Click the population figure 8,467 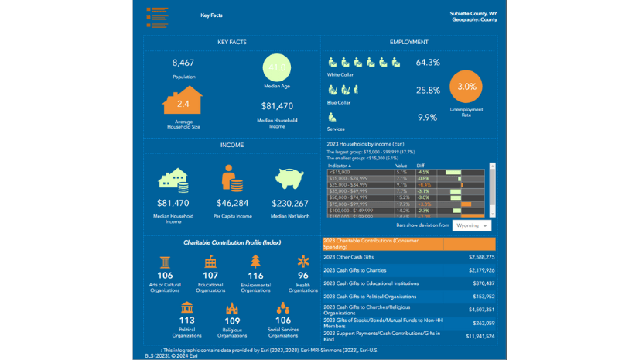point(183,63)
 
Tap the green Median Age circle point(277,68)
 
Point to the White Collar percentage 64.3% point(428,62)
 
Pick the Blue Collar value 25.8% point(428,91)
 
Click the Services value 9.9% point(428,118)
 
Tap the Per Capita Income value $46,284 point(232,204)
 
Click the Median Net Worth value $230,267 point(291,204)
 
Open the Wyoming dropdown point(472,225)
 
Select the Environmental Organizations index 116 point(255,276)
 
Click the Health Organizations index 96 point(303,276)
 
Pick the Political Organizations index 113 point(186,321)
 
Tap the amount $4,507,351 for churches point(480,309)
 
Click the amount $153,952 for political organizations point(482,297)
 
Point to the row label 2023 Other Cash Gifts point(349,256)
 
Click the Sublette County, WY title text point(473,14)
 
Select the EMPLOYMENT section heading point(408,42)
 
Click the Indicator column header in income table point(340,165)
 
